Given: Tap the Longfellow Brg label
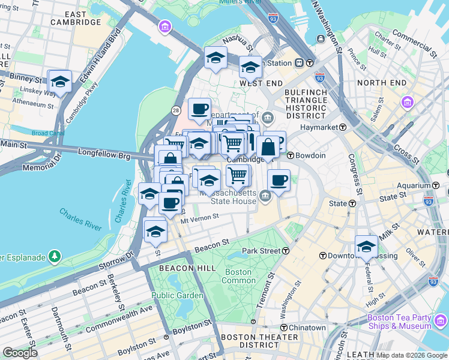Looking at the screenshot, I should [x=104, y=154].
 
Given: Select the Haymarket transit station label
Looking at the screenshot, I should [x=321, y=127].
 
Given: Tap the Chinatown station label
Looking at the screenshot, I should [x=303, y=328].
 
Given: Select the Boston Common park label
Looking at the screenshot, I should [x=238, y=276].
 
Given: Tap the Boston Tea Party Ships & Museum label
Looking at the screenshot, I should [x=399, y=322].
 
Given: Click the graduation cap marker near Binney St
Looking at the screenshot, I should [x=59, y=81].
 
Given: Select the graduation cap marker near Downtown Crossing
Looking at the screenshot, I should [x=366, y=245].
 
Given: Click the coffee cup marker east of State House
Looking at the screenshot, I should [x=279, y=180].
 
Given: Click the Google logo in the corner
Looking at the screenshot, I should [x=20, y=353].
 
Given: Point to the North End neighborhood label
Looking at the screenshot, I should [x=381, y=83].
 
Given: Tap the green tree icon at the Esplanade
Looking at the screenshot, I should [x=55, y=257].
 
